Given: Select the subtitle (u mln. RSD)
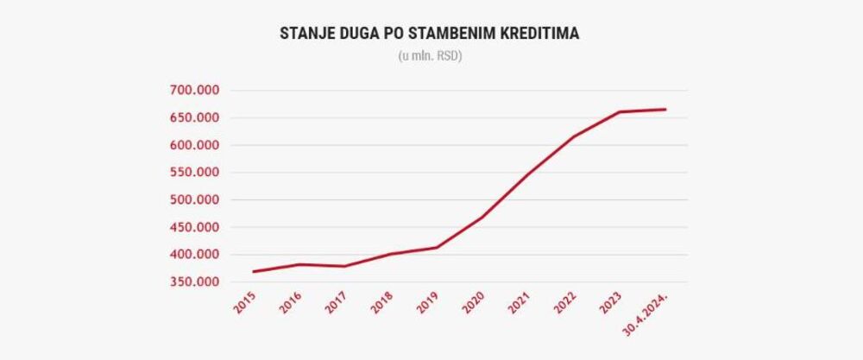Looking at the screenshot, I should [431, 57].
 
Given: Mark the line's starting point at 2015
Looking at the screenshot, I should [254, 272].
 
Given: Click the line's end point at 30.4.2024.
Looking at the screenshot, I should [665, 110].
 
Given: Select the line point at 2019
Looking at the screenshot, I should [437, 248].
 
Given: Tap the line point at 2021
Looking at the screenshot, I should [528, 174].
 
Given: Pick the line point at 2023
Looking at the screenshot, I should [620, 112].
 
